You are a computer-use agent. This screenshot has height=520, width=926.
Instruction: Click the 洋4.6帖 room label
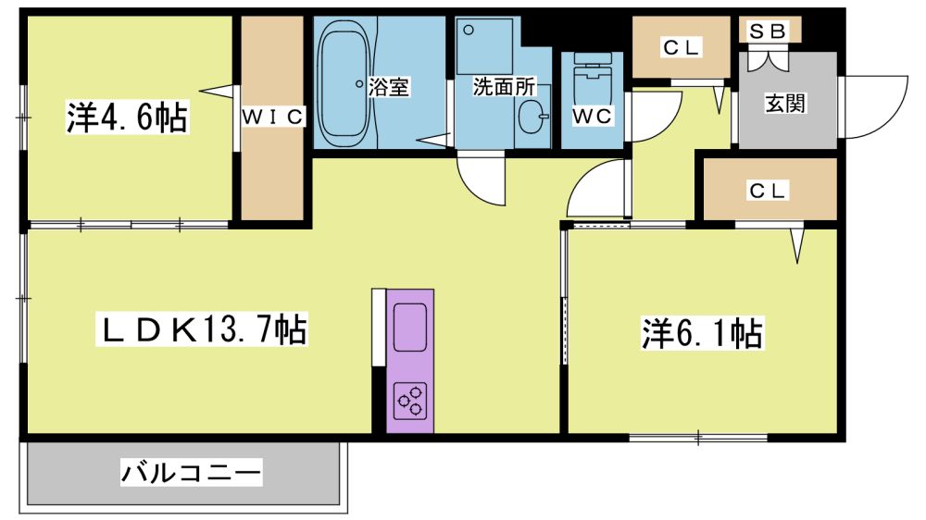pyautogui.click(x=127, y=117)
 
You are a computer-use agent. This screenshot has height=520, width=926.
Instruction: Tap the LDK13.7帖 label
pyautogui.click(x=202, y=329)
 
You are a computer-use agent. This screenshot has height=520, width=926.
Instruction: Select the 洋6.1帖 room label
pyautogui.click(x=702, y=333)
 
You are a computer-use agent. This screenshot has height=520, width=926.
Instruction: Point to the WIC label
pyautogui.click(x=272, y=117)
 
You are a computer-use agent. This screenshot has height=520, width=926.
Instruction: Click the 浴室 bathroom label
pyautogui.click(x=389, y=87)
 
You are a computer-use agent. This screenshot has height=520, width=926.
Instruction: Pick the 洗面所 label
pyautogui.click(x=504, y=87)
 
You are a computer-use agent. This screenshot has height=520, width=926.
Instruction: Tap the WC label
pyautogui.click(x=592, y=116)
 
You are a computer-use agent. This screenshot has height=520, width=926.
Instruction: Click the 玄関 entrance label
pyautogui.click(x=785, y=104)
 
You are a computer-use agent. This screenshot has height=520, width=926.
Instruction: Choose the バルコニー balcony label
pyautogui.click(x=191, y=472)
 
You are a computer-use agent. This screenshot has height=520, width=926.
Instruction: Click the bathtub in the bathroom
pyautogui.click(x=346, y=84)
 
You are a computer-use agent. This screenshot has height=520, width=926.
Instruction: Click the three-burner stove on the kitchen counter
pyautogui.click(x=410, y=401)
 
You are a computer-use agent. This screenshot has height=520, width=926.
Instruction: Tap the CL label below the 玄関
pyautogui.click(x=767, y=191)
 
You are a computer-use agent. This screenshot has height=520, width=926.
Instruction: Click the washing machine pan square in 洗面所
pyautogui.click(x=484, y=46)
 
